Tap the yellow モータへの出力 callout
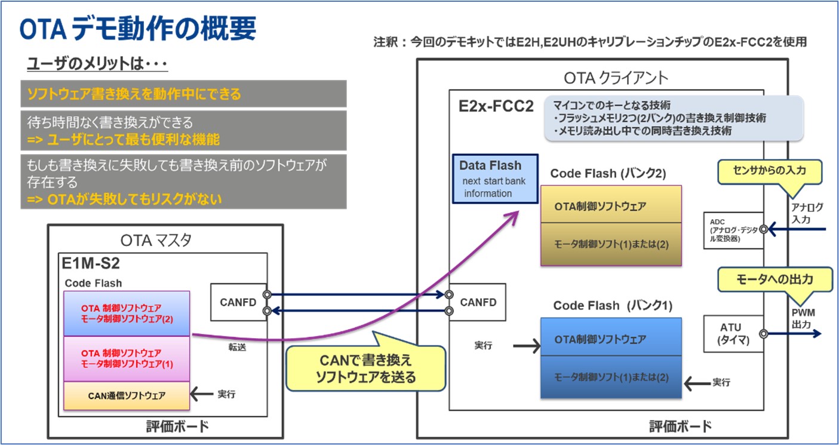775,279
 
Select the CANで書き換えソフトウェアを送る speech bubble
365,369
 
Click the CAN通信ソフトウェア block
127,395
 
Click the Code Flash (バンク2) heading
607,173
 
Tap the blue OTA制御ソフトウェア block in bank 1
611,339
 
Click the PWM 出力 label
803,318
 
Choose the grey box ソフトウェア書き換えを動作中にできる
183,94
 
